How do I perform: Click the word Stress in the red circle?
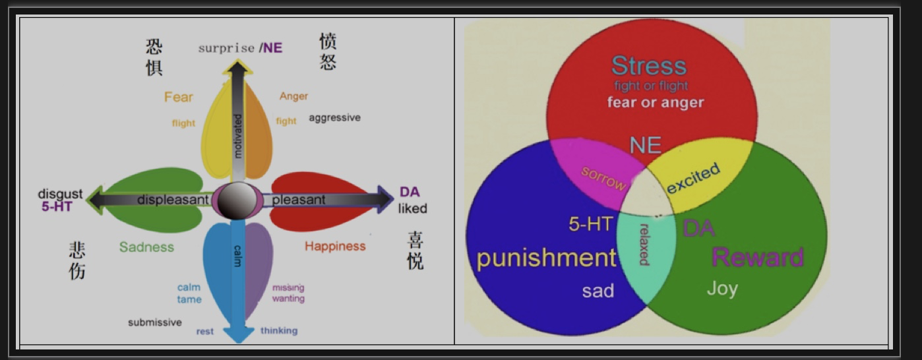(x=649, y=65)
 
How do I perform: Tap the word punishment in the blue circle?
(x=547, y=258)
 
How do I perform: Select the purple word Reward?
(x=757, y=257)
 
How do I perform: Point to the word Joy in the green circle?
(x=722, y=289)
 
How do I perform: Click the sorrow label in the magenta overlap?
(x=603, y=178)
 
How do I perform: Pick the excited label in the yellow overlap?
(x=694, y=178)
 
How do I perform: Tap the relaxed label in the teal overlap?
(x=644, y=245)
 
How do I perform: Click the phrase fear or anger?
(x=656, y=102)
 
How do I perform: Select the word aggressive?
(x=334, y=118)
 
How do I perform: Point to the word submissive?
(x=155, y=322)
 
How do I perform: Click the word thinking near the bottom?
(x=279, y=330)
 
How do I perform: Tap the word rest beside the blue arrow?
(x=205, y=331)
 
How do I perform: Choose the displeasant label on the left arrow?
(x=173, y=200)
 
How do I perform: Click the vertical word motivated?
(x=237, y=136)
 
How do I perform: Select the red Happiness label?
(x=335, y=246)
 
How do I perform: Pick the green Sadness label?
(x=146, y=247)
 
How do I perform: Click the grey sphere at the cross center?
(x=237, y=201)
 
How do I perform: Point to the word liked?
(x=412, y=208)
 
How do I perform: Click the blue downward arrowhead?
(x=238, y=334)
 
